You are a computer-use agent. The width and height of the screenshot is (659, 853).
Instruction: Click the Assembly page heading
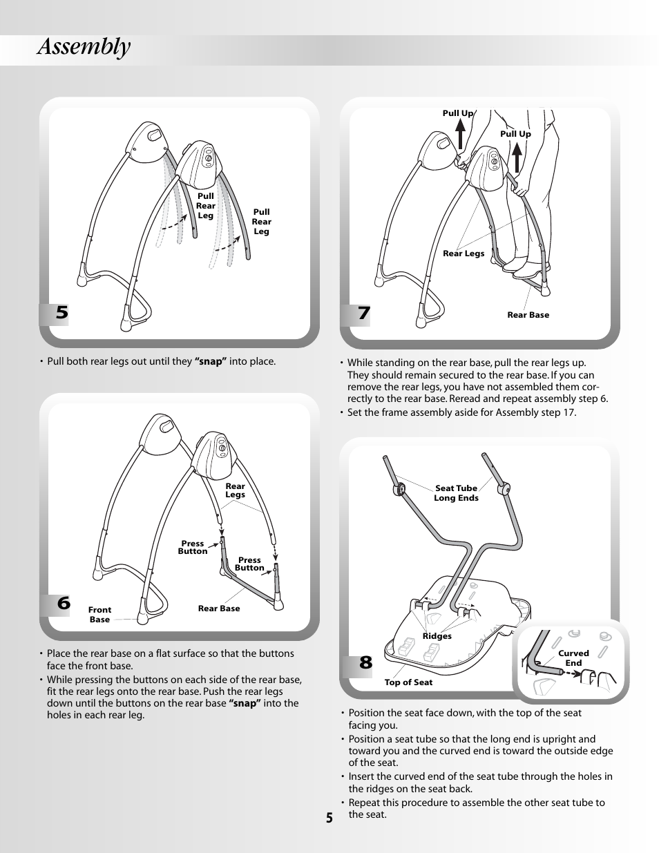pyautogui.click(x=84, y=48)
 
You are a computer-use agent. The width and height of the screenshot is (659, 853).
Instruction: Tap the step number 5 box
pyautogui.click(x=62, y=313)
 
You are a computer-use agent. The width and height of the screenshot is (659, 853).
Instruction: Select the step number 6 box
pyautogui.click(x=64, y=603)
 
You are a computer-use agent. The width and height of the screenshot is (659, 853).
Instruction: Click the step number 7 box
pyautogui.click(x=363, y=314)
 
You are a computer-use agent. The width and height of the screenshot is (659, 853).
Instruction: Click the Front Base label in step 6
pyautogui.click(x=99, y=615)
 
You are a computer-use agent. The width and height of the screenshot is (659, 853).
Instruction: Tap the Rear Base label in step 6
pyautogui.click(x=219, y=608)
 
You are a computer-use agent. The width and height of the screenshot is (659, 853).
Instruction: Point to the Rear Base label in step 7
pyautogui.click(x=528, y=315)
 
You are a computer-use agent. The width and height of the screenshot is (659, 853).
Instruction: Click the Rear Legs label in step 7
pyautogui.click(x=464, y=253)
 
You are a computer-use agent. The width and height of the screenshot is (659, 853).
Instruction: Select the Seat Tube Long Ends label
pyautogui.click(x=456, y=493)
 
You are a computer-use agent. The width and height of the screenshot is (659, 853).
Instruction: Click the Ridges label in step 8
pyautogui.click(x=437, y=636)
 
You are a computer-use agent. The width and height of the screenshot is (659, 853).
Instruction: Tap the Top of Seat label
pyautogui.click(x=408, y=682)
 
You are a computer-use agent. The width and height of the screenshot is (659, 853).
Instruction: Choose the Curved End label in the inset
pyautogui.click(x=573, y=658)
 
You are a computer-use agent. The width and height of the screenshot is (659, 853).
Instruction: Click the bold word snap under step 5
pyautogui.click(x=211, y=361)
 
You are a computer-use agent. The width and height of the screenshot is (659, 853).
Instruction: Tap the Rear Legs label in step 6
pyautogui.click(x=235, y=490)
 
